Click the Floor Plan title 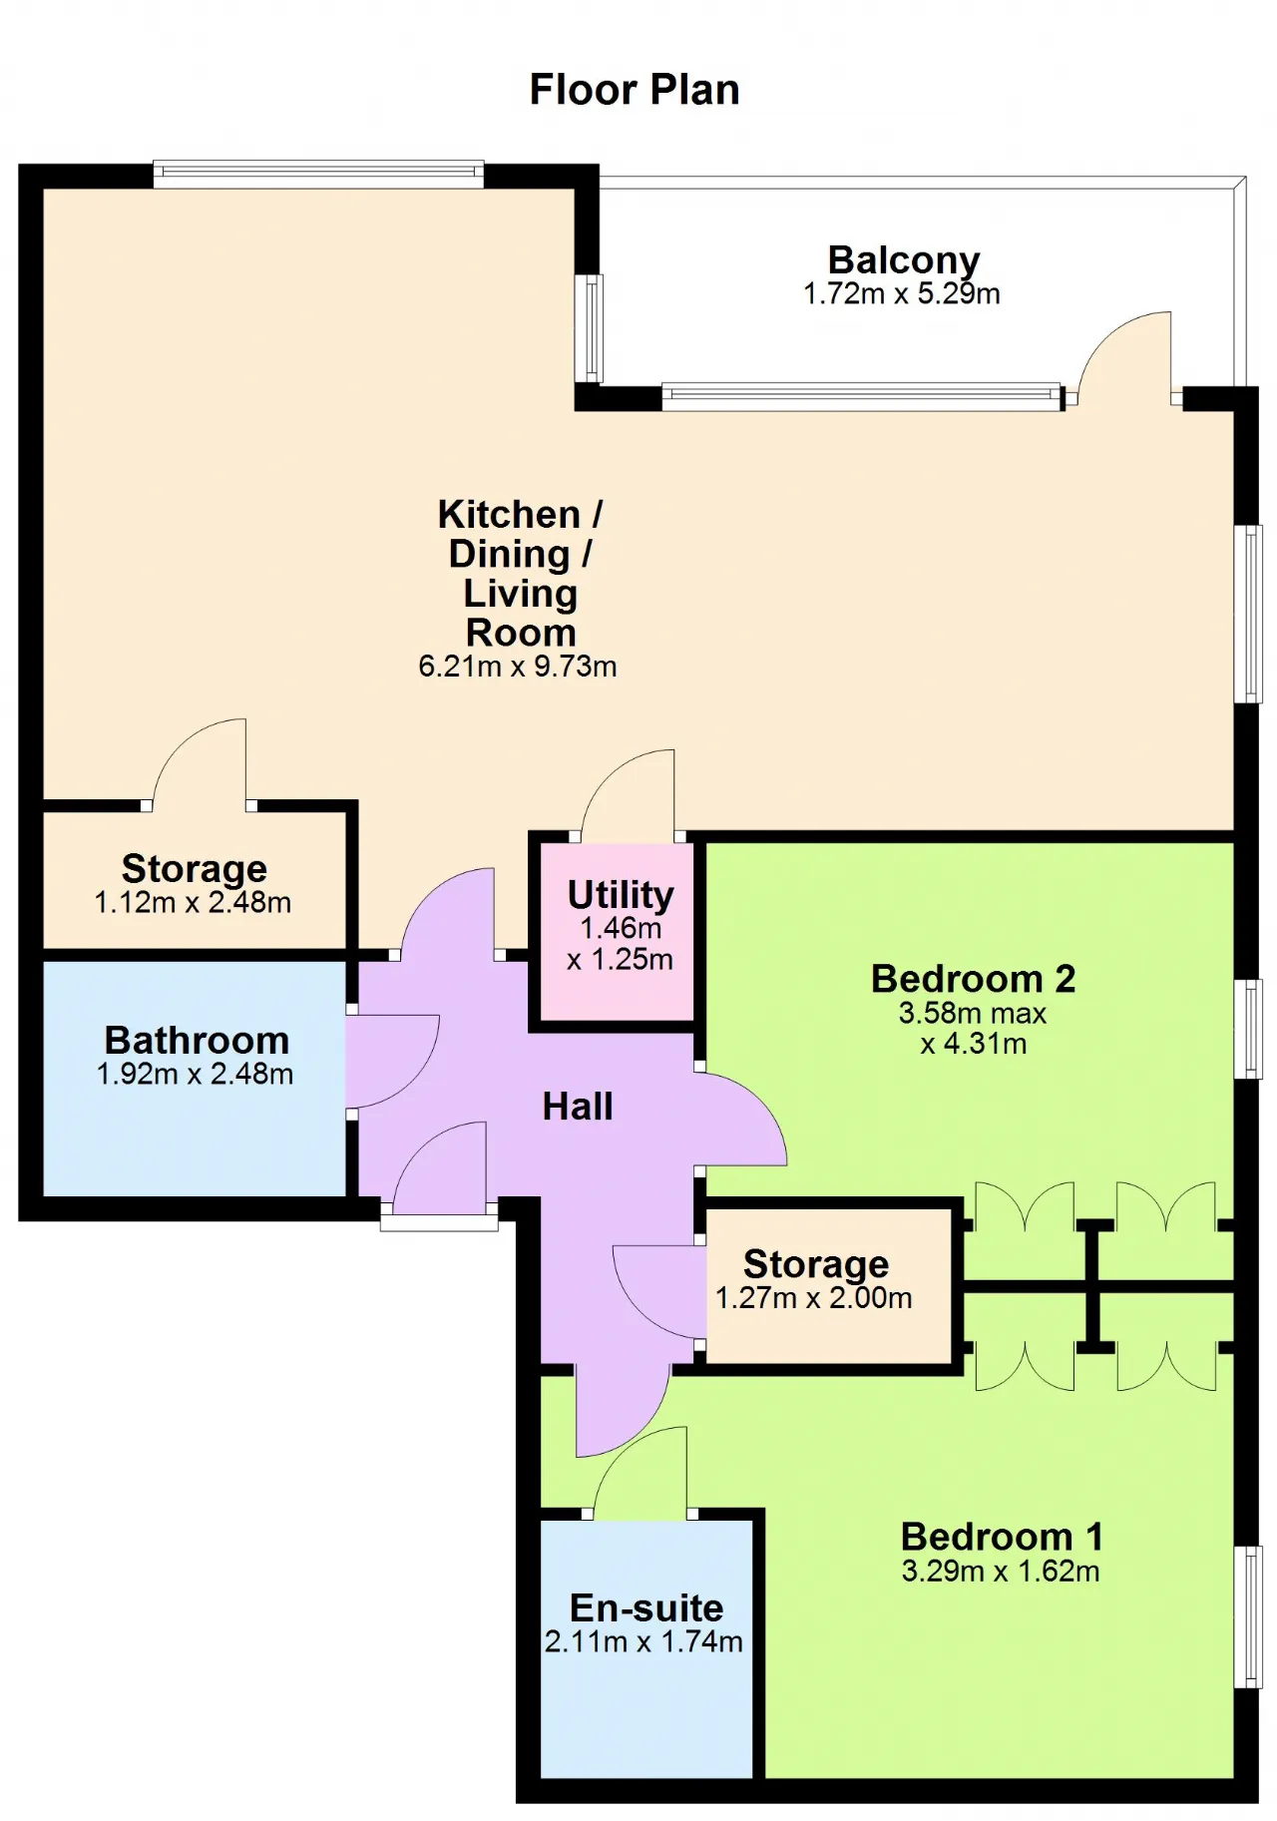(x=635, y=90)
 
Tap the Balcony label (x=904, y=260)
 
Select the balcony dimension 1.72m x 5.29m (x=902, y=293)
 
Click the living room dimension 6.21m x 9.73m (x=518, y=666)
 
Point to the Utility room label (x=621, y=895)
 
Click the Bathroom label (x=197, y=1040)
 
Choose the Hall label (x=578, y=1107)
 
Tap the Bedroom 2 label (x=974, y=979)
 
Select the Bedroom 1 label (x=1003, y=1537)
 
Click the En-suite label (x=646, y=1607)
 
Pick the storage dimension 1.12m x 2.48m (x=193, y=903)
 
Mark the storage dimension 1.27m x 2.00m (x=814, y=1298)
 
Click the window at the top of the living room (x=318, y=175)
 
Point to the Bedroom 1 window (x=1248, y=1616)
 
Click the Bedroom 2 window (x=1248, y=1029)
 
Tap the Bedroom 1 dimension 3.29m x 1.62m (x=1001, y=1572)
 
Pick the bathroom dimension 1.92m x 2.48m (x=196, y=1075)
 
